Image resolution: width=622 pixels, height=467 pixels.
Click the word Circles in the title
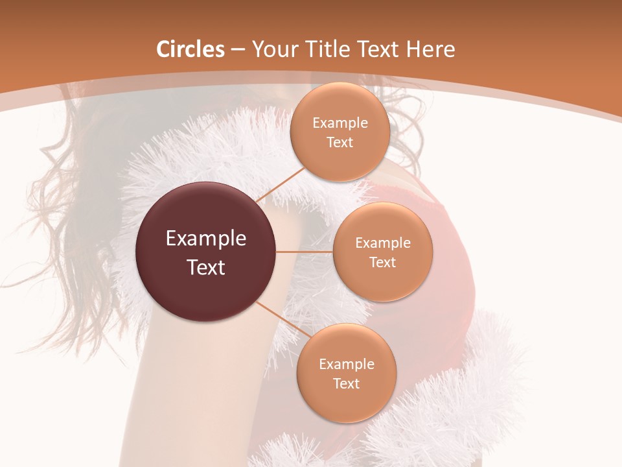coord(190,49)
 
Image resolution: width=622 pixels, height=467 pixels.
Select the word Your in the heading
coord(272,49)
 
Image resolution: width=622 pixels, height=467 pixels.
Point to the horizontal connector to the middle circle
coord(305,252)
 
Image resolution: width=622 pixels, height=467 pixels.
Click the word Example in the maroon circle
coord(206,239)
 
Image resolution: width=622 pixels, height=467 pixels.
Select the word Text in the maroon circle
coord(206,267)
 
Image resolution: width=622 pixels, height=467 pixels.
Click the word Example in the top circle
coord(340,123)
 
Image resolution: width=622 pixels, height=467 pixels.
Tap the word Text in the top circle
coord(340,143)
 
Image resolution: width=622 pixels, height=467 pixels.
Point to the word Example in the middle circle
coord(383,243)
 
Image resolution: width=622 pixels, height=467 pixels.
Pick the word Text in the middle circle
coord(383,263)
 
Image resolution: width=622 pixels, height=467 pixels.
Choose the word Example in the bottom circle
coord(347,365)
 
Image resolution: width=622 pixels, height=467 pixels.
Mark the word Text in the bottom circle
coord(347,384)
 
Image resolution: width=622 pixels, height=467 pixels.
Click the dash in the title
coord(238,49)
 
